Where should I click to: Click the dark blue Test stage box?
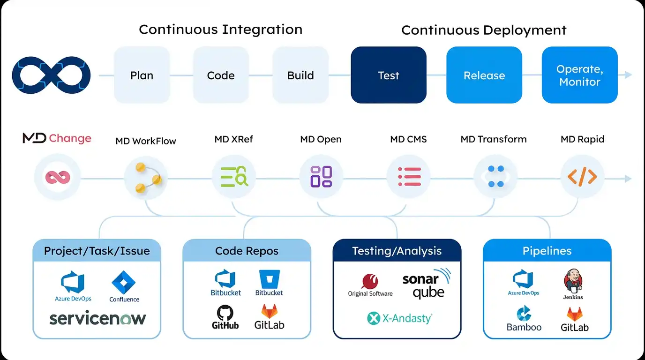click(389, 75)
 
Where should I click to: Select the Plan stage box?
click(142, 75)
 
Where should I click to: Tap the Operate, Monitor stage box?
click(579, 75)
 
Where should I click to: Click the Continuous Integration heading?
click(221, 30)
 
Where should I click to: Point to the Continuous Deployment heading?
click(484, 30)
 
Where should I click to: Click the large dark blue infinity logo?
click(51, 75)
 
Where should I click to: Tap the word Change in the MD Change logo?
click(70, 138)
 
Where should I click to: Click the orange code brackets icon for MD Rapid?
click(582, 177)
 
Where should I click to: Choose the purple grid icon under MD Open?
click(321, 177)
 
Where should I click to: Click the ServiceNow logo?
click(97, 319)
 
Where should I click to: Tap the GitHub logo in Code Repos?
click(225, 317)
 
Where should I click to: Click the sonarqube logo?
click(425, 283)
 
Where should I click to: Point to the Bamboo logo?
click(524, 319)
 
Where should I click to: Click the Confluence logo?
click(124, 287)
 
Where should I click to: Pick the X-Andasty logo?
click(399, 318)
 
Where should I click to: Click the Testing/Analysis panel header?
click(397, 251)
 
